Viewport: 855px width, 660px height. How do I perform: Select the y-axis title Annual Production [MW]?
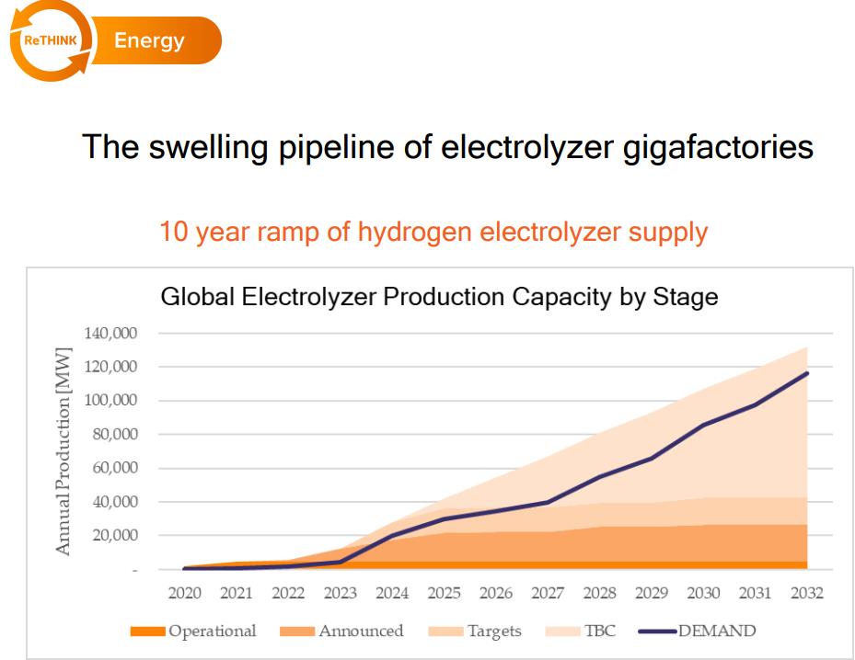point(64,450)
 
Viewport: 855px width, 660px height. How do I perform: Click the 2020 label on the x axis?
point(186,593)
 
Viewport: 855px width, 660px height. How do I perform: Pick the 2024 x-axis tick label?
point(393,593)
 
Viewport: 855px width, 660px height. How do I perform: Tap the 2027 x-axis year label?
point(549,593)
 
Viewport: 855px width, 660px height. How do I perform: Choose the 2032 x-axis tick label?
point(807,593)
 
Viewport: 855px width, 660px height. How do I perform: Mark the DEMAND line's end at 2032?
point(807,373)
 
